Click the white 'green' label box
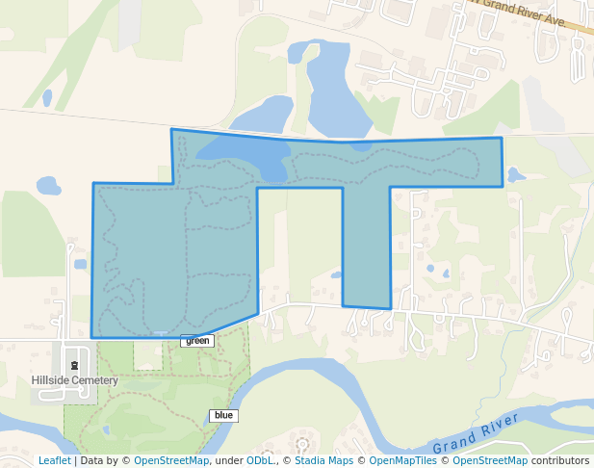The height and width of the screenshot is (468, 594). (x=196, y=341)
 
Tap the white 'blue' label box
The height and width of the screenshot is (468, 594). (x=223, y=416)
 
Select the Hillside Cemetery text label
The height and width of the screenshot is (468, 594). (x=74, y=380)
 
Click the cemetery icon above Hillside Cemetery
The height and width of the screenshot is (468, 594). (x=74, y=365)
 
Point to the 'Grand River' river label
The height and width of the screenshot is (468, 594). (x=476, y=433)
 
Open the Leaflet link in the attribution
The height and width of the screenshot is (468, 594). (x=54, y=460)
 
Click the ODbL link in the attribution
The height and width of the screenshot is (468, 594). (x=260, y=460)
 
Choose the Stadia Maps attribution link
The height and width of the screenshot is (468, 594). (x=323, y=460)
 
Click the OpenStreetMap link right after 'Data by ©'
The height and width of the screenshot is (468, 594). (x=171, y=460)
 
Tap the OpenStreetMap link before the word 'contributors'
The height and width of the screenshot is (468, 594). (x=490, y=460)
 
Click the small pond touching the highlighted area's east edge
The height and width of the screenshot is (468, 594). (x=514, y=175)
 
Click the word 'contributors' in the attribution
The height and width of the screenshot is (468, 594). (x=560, y=460)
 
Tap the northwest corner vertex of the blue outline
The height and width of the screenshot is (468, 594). (x=172, y=129)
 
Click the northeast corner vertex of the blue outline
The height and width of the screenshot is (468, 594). (x=502, y=139)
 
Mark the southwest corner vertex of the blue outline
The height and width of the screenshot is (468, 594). (x=92, y=337)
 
